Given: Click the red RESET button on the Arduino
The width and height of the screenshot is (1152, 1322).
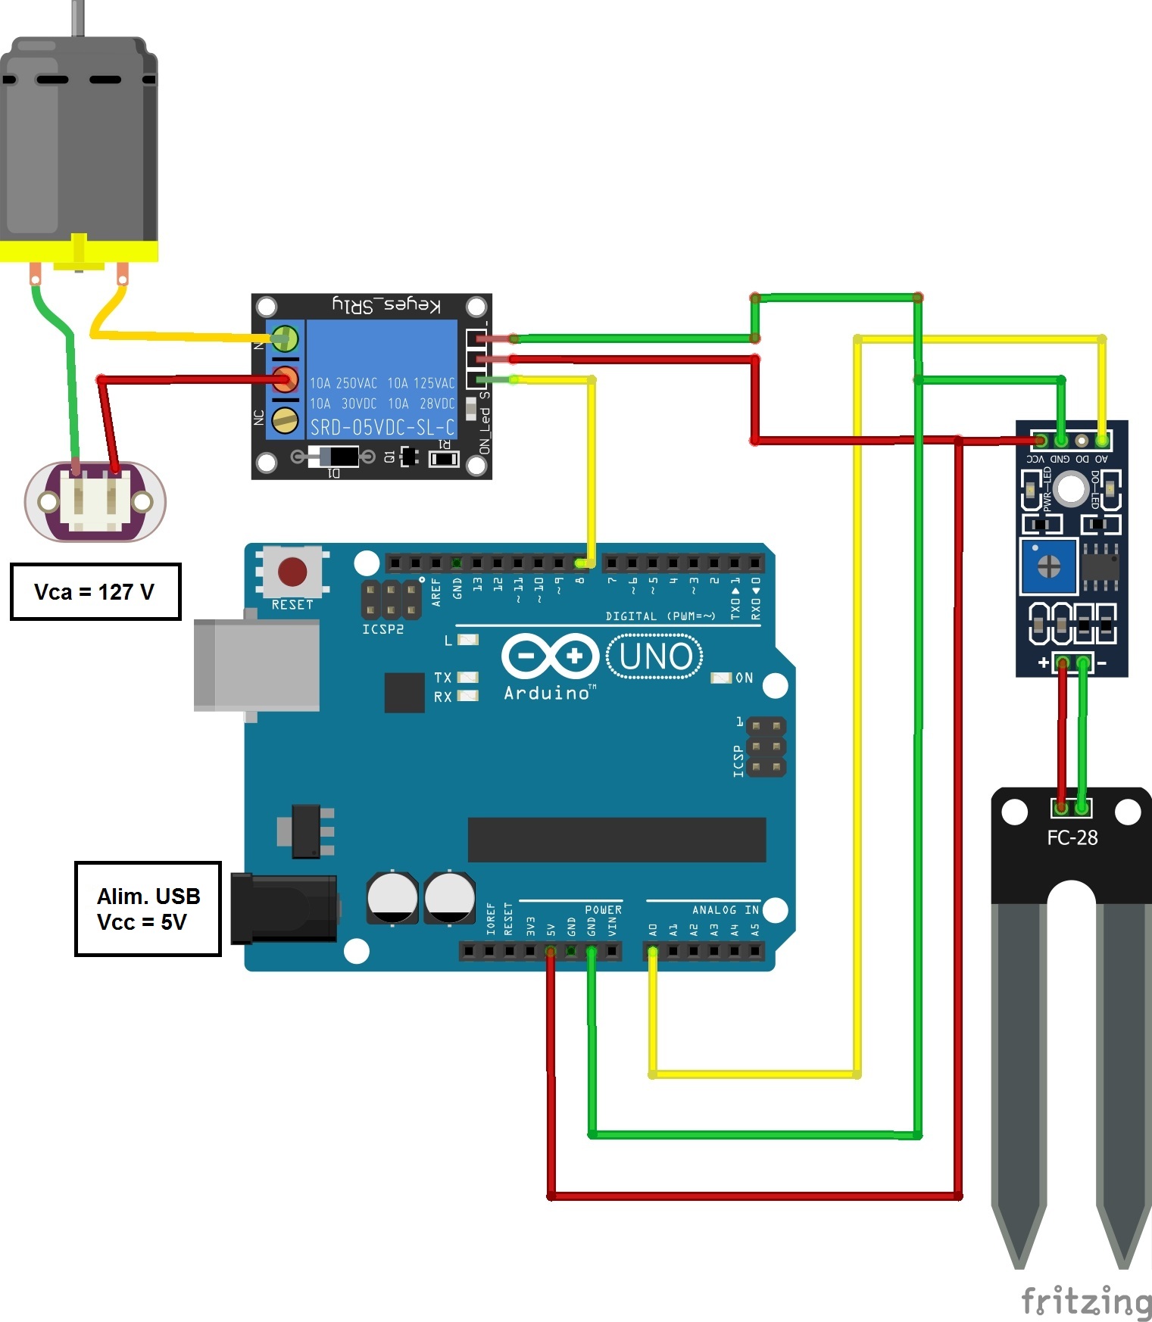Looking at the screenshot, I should click(x=292, y=572).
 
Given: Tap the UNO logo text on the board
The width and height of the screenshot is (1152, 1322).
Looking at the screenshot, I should click(x=655, y=656).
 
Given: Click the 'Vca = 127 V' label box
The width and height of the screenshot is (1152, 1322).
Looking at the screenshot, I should click(x=95, y=591).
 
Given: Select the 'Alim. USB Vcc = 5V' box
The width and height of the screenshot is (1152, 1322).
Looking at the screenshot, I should click(x=148, y=909).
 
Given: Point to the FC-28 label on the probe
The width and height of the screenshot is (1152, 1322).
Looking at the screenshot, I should click(x=1072, y=837).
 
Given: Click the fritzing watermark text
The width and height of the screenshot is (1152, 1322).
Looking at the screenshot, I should click(x=1085, y=1301).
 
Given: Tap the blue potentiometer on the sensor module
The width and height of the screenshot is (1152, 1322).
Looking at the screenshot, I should click(x=1048, y=566).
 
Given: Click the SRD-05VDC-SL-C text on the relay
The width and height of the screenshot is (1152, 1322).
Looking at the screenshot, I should click(x=382, y=427).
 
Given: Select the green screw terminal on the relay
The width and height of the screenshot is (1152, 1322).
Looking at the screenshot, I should click(x=285, y=338).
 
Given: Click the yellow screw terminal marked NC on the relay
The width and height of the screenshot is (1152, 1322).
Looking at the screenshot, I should click(x=285, y=419).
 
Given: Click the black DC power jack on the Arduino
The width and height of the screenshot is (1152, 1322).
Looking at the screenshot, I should click(x=284, y=908).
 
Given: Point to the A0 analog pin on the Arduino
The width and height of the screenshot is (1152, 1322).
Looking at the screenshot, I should click(x=652, y=951).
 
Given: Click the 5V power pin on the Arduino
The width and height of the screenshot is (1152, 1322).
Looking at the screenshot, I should click(x=551, y=951).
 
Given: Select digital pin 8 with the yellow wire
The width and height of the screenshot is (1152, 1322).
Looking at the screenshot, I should click(x=580, y=563).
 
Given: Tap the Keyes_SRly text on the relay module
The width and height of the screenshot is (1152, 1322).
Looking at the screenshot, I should click(x=386, y=305).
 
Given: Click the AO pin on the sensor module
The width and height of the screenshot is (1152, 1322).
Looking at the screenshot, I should click(x=1102, y=440).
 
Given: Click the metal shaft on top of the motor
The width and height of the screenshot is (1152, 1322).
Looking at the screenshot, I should click(x=77, y=17).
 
